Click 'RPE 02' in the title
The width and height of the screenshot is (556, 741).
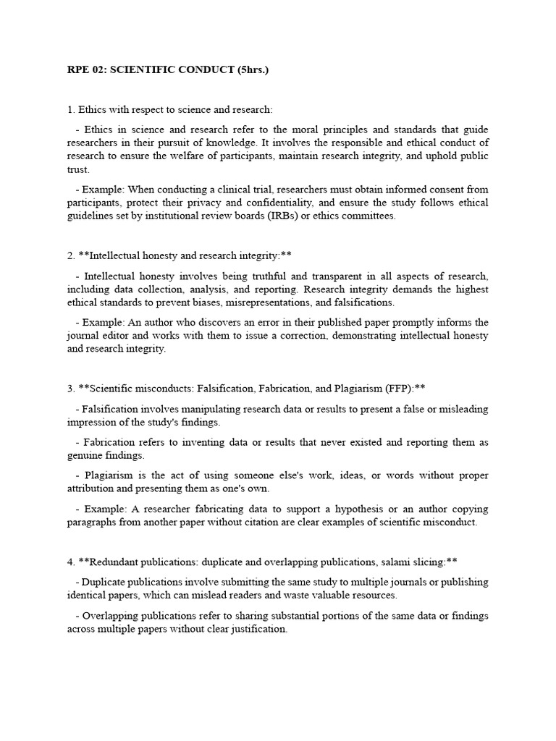(x=85, y=70)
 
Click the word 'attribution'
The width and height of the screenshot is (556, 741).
(x=92, y=489)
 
